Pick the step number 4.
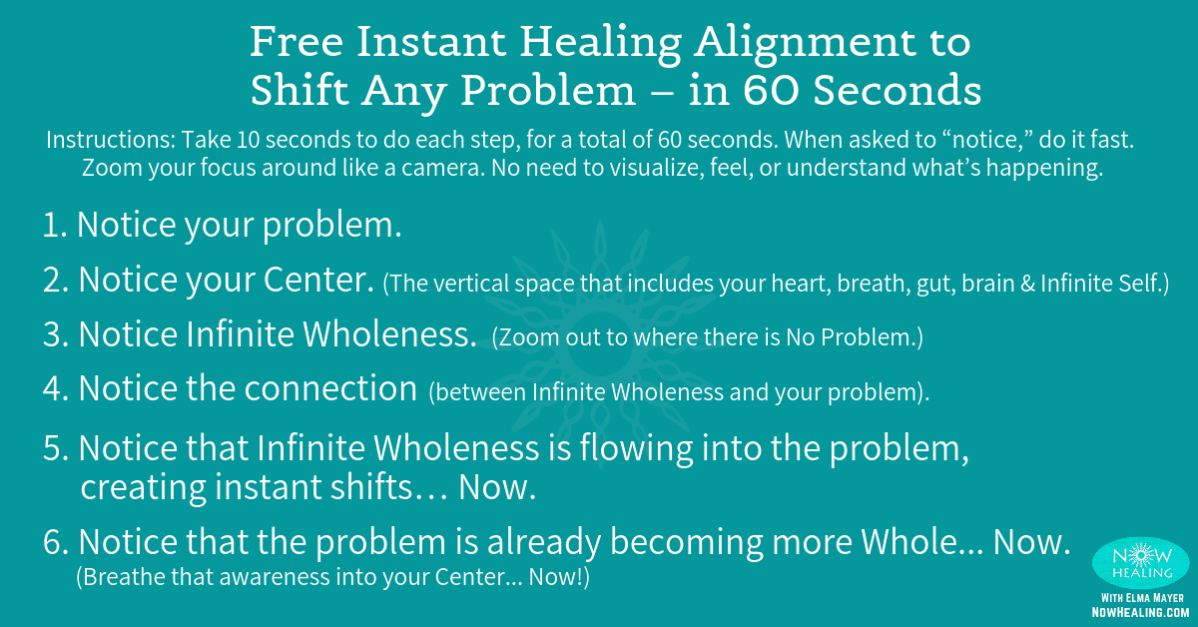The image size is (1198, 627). [x=54, y=389]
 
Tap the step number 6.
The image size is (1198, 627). [x=55, y=542]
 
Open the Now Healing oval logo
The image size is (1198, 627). [x=1140, y=561]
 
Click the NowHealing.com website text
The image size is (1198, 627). [x=1139, y=611]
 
